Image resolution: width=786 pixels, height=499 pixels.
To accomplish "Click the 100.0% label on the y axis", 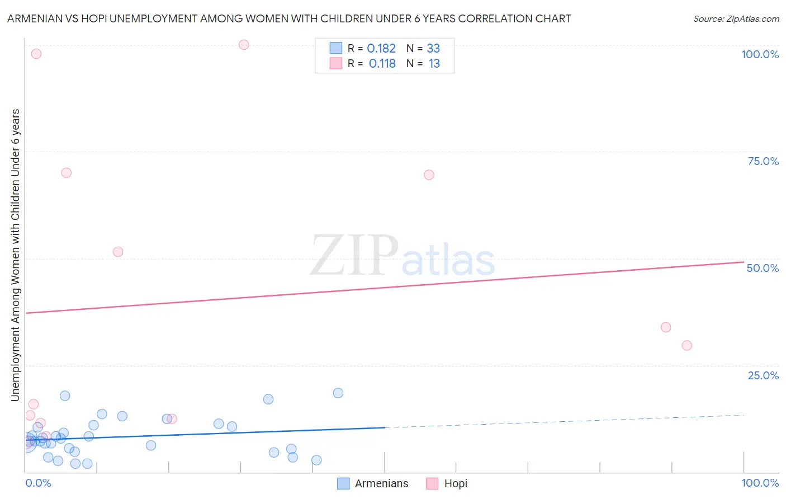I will pyautogui.click(x=760, y=54).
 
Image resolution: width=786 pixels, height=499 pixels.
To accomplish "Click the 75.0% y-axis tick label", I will pyautogui.click(x=763, y=161).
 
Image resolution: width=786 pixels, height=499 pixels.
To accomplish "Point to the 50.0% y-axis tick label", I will pyautogui.click(x=763, y=268).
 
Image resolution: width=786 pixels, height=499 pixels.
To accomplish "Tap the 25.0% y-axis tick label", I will pyautogui.click(x=763, y=375).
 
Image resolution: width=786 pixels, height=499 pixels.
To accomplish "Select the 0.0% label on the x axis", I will pyautogui.click(x=38, y=483).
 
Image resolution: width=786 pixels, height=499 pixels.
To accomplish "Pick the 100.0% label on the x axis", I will pyautogui.click(x=760, y=483).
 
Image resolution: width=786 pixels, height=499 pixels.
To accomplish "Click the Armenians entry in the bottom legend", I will pyautogui.click(x=381, y=484).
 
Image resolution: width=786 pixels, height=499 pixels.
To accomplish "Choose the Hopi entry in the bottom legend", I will pyautogui.click(x=456, y=484).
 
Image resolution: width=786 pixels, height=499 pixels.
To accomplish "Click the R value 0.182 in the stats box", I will pyautogui.click(x=381, y=49).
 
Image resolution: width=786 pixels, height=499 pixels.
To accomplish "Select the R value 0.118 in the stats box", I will pyautogui.click(x=382, y=64).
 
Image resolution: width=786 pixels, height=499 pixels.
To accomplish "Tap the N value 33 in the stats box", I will pyautogui.click(x=433, y=49).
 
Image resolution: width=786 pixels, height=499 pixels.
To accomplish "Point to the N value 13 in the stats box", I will pyautogui.click(x=434, y=64).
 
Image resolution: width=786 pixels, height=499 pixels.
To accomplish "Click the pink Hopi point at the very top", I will pyautogui.click(x=244, y=45).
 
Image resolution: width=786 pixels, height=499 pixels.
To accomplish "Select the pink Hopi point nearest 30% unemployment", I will pyautogui.click(x=687, y=346).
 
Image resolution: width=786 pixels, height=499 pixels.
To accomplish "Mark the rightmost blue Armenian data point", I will pyautogui.click(x=338, y=393).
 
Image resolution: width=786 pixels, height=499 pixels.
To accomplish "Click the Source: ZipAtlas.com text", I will pyautogui.click(x=736, y=19).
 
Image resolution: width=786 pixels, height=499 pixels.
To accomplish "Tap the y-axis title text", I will pyautogui.click(x=16, y=255).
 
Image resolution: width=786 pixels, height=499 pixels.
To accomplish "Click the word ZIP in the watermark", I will pyautogui.click(x=354, y=256).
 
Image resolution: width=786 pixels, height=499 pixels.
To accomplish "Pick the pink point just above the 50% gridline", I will pyautogui.click(x=118, y=252).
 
